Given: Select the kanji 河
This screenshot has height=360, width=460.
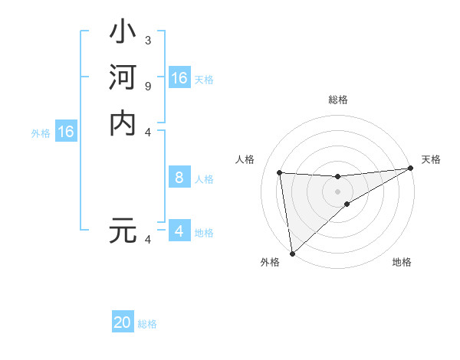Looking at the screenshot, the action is click(x=123, y=79).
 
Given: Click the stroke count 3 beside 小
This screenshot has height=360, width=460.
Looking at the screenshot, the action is click(x=147, y=40).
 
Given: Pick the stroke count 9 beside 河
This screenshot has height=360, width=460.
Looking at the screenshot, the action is click(x=147, y=85).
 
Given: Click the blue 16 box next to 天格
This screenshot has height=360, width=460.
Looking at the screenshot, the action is click(x=179, y=78).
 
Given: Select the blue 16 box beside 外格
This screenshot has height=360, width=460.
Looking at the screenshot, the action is click(x=66, y=132).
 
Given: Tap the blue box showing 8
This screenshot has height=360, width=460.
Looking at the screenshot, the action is click(x=179, y=178).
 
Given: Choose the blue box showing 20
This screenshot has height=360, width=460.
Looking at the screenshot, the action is click(x=123, y=322).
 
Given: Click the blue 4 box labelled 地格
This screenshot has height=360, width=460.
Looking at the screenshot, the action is click(x=179, y=231).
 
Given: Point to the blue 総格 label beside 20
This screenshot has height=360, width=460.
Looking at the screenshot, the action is click(x=147, y=324).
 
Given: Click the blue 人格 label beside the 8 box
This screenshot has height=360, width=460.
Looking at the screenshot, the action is click(x=204, y=179).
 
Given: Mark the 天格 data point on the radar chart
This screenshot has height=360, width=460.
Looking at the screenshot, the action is click(x=410, y=169).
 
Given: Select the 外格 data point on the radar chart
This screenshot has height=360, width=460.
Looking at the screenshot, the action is click(x=292, y=253).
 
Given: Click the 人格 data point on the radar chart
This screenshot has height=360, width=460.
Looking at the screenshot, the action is click(x=280, y=172).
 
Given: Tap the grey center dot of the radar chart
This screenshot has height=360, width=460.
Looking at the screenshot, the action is click(x=337, y=191).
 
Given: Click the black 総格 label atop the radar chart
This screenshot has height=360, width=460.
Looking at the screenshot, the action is click(x=338, y=100).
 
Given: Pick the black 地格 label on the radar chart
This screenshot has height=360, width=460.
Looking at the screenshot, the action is click(x=402, y=263).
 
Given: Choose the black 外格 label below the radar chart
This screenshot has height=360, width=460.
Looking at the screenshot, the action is click(x=270, y=263).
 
